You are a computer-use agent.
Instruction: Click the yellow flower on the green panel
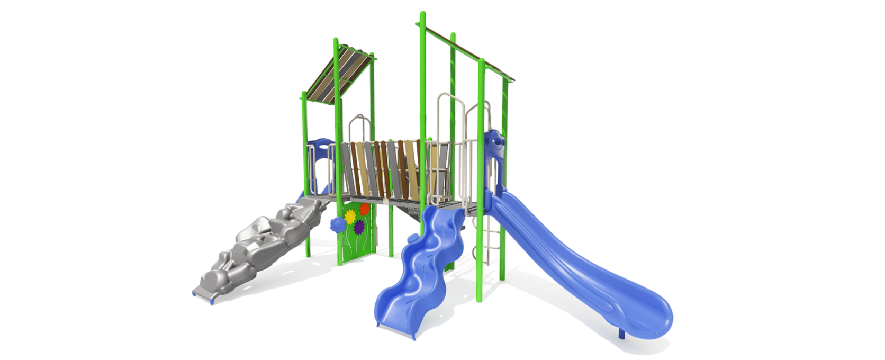click(x=350, y=216)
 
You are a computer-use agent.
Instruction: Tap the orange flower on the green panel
click(x=364, y=210)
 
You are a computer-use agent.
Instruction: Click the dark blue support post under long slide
click(x=621, y=334)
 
